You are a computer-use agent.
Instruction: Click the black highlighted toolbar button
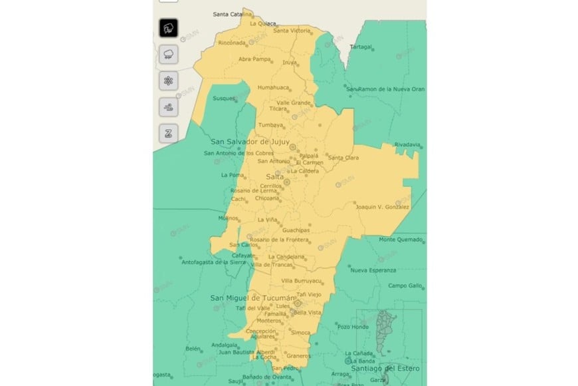(169, 28)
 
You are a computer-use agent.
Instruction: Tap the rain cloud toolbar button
(169, 54)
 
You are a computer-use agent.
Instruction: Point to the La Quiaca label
(262, 23)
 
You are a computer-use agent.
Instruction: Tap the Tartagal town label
(361, 47)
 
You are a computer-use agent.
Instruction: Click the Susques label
(224, 98)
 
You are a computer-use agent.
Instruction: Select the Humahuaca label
(274, 87)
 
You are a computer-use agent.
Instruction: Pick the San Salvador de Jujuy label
(248, 142)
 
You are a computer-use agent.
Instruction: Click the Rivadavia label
(407, 144)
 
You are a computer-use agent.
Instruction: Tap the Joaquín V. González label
(382, 207)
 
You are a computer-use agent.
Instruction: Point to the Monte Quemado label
(401, 240)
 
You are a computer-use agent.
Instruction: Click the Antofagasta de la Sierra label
(214, 262)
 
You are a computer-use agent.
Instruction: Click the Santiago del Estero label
(382, 368)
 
